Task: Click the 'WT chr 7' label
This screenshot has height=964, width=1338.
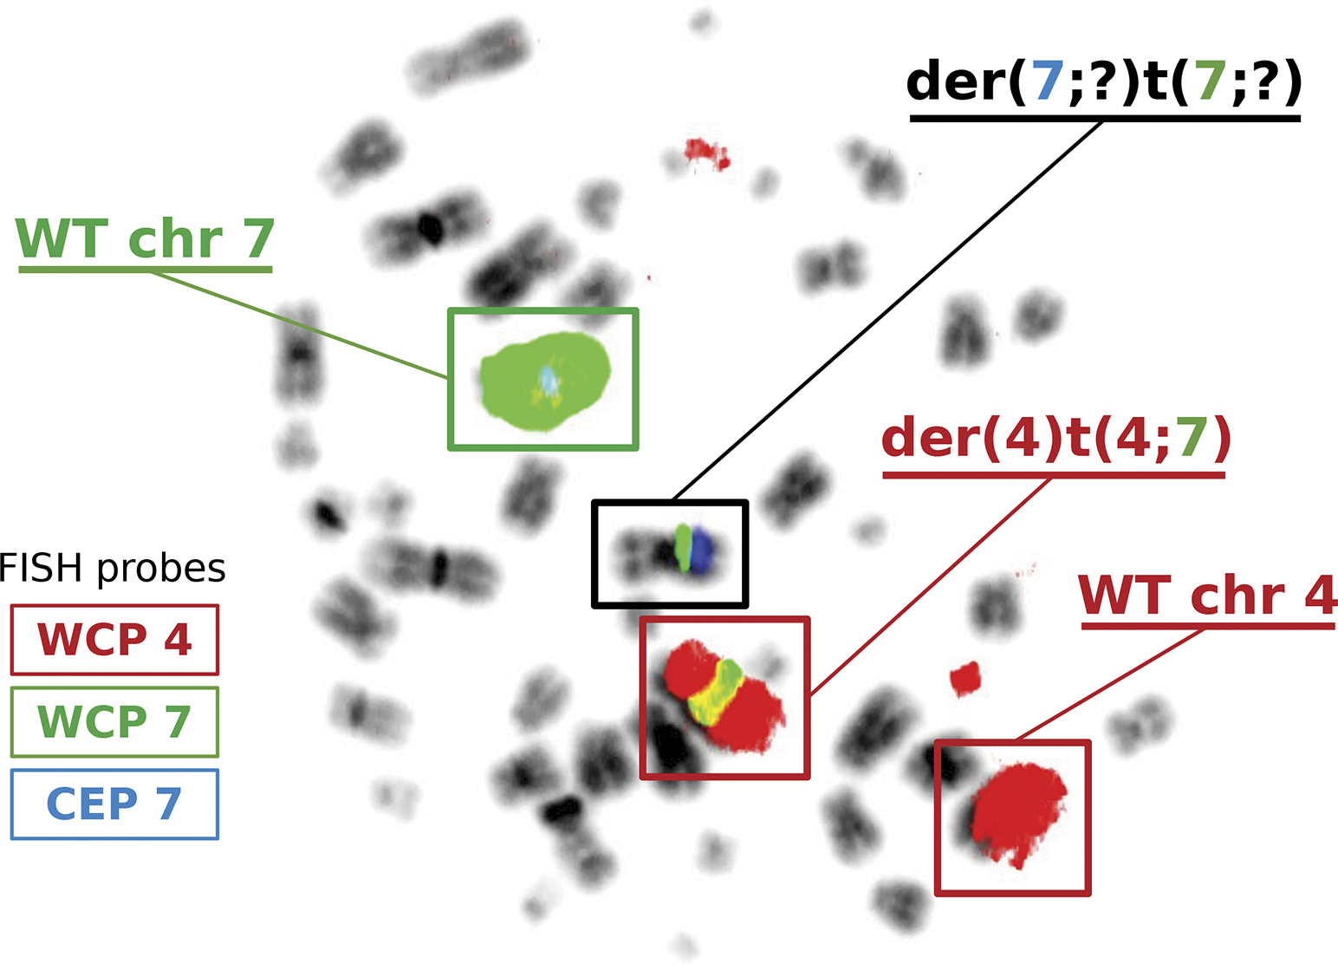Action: (145, 238)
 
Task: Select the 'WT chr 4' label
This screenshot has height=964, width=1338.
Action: (1207, 596)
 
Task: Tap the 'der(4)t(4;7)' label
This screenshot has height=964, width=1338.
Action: (1055, 439)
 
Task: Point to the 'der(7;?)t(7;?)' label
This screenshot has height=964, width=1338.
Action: (1104, 82)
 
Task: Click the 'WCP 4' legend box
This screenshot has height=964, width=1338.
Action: (114, 640)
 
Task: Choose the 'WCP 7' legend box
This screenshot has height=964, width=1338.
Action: (114, 722)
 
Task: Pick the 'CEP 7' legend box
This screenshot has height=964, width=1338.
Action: (114, 804)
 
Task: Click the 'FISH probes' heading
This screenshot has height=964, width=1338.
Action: (113, 569)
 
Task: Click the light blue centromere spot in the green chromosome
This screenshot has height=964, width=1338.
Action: (549, 379)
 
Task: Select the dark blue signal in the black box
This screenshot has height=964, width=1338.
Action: (701, 549)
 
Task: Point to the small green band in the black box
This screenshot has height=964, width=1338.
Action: (684, 547)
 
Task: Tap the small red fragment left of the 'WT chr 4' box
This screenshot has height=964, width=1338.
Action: (965, 678)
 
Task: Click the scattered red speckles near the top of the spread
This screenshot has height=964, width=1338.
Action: (707, 153)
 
